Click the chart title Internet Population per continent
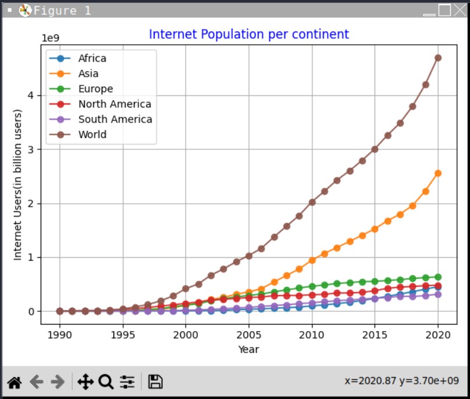pyautogui.click(x=249, y=34)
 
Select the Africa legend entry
pyautogui.click(x=92, y=58)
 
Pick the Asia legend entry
pyautogui.click(x=88, y=73)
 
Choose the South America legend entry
pyautogui.click(x=115, y=119)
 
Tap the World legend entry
pyautogui.click(x=92, y=134)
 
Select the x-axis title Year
pyautogui.click(x=248, y=349)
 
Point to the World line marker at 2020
pyautogui.click(x=438, y=57)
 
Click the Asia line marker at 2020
pyautogui.click(x=438, y=173)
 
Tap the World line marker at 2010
pyautogui.click(x=312, y=202)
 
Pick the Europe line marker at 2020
pyautogui.click(x=438, y=277)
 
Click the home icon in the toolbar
pyautogui.click(x=14, y=382)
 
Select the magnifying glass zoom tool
pyautogui.click(x=106, y=382)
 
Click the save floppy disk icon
pyautogui.click(x=155, y=382)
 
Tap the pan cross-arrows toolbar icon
pyautogui.click(x=85, y=382)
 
